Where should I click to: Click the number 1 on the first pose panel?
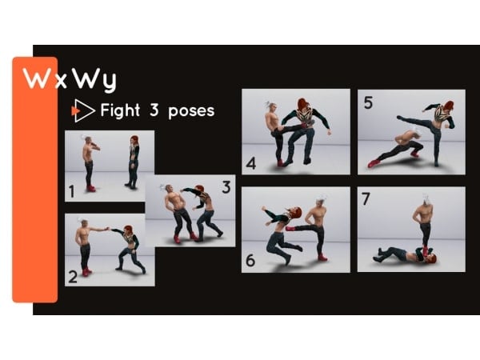click(72, 192)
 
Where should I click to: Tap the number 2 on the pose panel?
click(73, 277)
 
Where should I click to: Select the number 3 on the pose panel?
click(226, 187)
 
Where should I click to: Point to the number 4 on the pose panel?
click(251, 164)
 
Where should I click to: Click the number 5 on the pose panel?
click(368, 102)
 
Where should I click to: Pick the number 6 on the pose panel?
click(250, 261)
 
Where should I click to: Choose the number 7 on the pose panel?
click(366, 198)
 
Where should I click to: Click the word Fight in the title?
click(120, 110)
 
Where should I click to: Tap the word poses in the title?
click(191, 112)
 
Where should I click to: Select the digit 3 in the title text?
click(154, 110)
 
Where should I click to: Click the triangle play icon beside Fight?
click(83, 110)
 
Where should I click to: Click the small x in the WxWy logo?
click(62, 82)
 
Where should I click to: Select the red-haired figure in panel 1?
click(133, 162)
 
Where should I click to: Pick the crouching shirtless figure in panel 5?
click(397, 147)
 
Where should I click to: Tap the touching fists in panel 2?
click(107, 229)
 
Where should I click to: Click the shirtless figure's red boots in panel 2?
click(86, 271)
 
